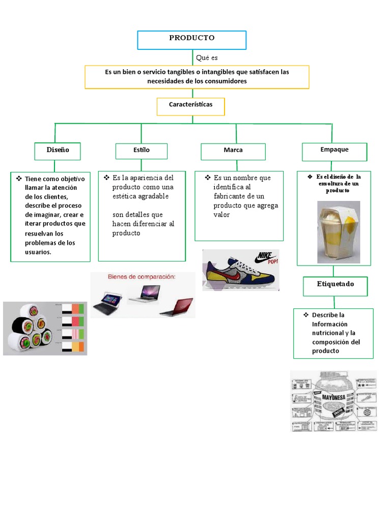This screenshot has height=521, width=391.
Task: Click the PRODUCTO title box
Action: [x=192, y=40]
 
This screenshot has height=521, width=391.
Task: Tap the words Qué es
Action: [x=207, y=58]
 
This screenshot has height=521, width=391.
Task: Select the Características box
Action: [x=190, y=106]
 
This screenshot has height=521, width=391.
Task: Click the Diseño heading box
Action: [x=58, y=151]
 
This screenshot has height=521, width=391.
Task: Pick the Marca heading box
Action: [x=233, y=151]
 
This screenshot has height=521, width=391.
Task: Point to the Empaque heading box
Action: [x=334, y=151]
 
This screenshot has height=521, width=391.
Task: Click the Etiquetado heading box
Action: [x=334, y=285]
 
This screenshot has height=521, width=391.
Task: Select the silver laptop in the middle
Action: [x=144, y=294]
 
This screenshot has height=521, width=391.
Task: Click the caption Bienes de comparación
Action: [x=141, y=277]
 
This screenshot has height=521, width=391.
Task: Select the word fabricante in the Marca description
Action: [x=231, y=196]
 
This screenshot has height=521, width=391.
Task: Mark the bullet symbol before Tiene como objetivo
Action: [x=19, y=179]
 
